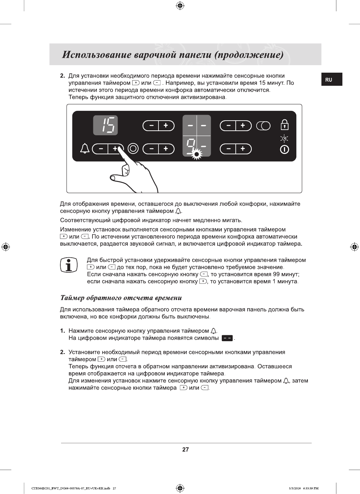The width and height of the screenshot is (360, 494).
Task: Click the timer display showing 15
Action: [x=105, y=125]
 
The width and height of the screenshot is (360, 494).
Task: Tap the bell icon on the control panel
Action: [x=85, y=149]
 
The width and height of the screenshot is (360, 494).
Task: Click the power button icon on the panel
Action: [x=284, y=149]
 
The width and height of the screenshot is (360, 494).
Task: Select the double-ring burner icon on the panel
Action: [x=133, y=149]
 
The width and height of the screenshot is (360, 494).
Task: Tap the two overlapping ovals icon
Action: [x=263, y=126]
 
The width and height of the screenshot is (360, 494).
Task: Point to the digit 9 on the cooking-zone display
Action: [x=191, y=145]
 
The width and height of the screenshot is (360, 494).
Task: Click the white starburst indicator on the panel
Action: [x=196, y=154]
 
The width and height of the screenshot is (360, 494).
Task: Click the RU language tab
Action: [x=329, y=80]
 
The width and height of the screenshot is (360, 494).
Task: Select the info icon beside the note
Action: [x=69, y=265]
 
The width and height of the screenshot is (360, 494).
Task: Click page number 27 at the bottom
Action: [x=185, y=449]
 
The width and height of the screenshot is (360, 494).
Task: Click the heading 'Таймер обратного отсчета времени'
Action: [x=121, y=298]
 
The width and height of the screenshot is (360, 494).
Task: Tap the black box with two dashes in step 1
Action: [x=227, y=338]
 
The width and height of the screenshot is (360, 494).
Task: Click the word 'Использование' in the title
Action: [x=97, y=55]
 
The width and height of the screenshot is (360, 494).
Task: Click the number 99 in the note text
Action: [x=276, y=274]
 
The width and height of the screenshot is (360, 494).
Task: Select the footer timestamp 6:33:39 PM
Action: [x=311, y=488]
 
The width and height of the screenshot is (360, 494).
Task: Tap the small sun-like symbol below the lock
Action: [x=284, y=139]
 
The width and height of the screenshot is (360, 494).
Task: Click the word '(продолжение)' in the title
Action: [x=249, y=55]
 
